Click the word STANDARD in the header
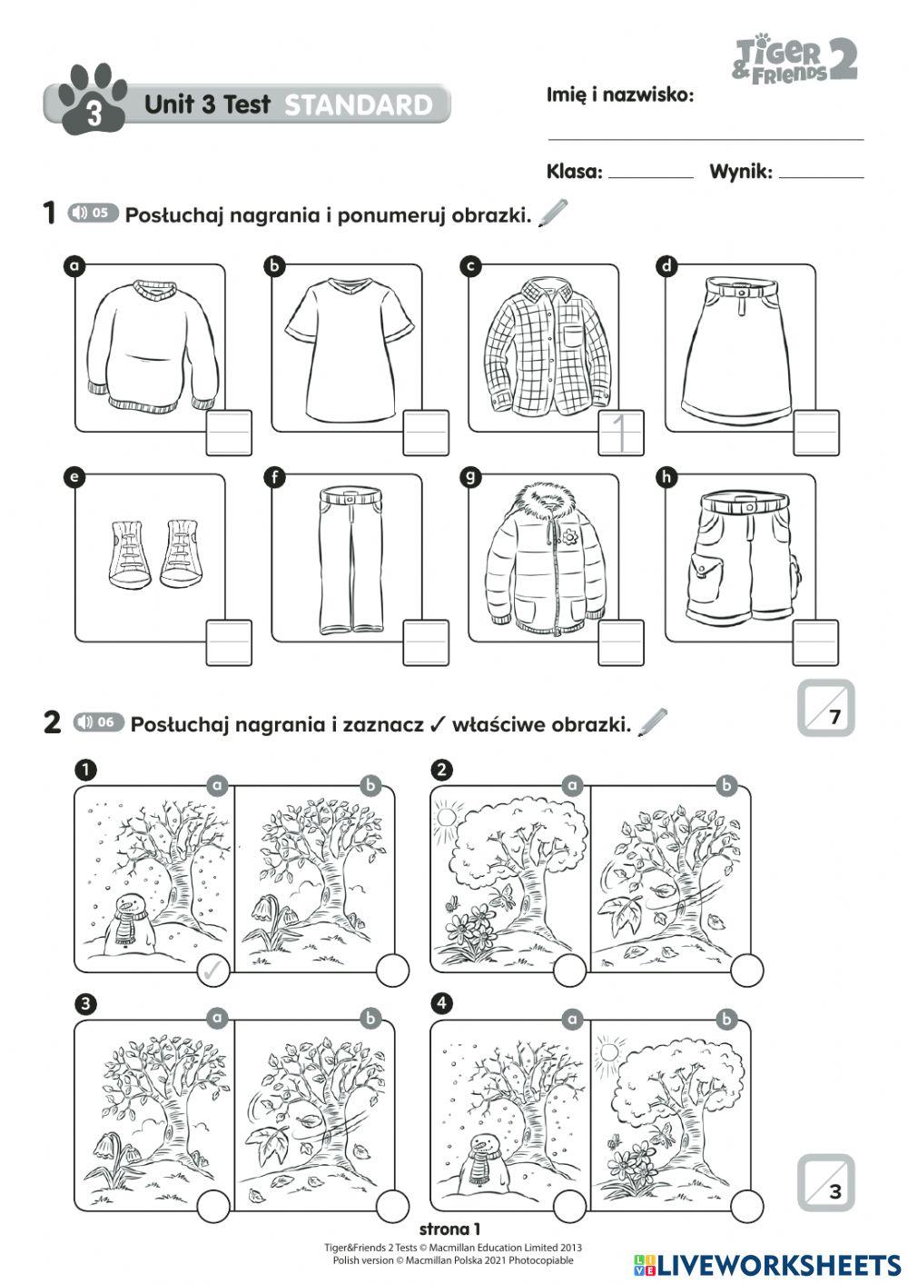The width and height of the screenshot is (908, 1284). point(359,105)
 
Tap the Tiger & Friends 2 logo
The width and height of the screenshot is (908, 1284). point(794,59)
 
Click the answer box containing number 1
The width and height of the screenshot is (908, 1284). point(622,433)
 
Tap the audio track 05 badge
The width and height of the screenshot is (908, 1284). point(94,214)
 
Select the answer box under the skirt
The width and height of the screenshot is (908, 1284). point(816,433)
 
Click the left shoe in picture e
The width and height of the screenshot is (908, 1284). point(130,552)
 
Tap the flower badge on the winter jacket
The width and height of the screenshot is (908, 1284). point(569,537)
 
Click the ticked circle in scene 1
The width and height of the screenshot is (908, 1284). point(214,971)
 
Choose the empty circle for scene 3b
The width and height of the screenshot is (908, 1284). point(392,1206)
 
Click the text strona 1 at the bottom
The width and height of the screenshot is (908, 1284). point(450,1229)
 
